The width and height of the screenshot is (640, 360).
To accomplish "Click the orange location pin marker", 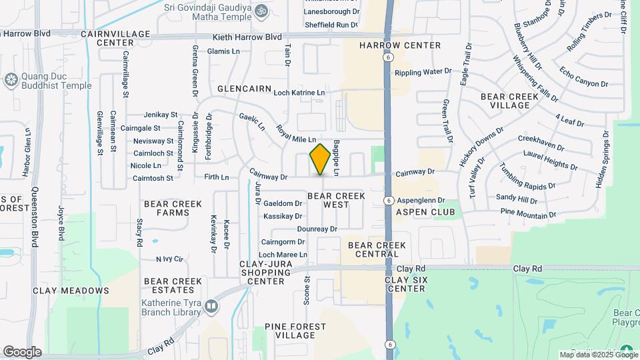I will tap(320, 159).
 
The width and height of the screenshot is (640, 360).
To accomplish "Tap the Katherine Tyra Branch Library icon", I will tap(211, 307).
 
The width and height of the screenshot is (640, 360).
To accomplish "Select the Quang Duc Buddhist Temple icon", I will tap(10, 81).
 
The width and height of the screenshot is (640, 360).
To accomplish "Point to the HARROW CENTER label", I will tap(400, 45).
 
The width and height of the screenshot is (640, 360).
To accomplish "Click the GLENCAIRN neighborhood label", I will tap(242, 89).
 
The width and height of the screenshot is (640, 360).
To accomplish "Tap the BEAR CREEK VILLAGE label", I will tap(514, 101).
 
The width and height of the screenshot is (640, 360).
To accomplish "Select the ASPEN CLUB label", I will tap(425, 212).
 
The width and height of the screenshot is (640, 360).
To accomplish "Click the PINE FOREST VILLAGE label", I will tap(295, 331).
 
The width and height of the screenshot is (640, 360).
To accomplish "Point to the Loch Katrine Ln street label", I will tap(299, 92).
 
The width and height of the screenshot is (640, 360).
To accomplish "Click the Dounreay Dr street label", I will tap(317, 229).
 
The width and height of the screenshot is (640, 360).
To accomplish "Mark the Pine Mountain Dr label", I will tap(528, 213).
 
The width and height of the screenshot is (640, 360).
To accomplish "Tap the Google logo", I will tap(22, 352).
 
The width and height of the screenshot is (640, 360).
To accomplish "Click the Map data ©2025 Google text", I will tap(587, 355).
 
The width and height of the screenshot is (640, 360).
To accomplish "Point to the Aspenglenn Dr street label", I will tap(421, 200).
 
